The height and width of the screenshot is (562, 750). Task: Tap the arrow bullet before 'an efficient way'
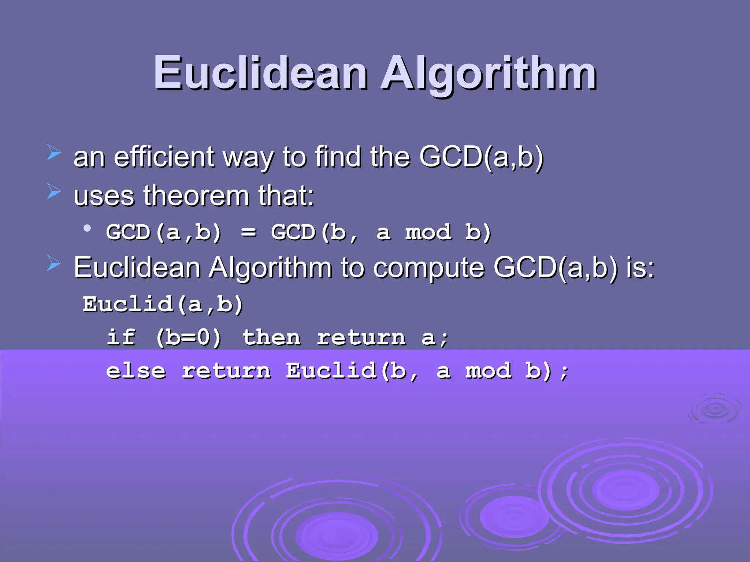[x=54, y=153]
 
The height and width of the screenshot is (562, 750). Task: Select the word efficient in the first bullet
[x=164, y=157]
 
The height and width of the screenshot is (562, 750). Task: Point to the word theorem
[x=197, y=196]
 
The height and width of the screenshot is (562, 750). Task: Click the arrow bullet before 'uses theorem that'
[x=54, y=191]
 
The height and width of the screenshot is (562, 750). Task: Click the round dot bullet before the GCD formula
[x=87, y=228]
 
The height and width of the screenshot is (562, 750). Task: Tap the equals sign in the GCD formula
[x=249, y=232]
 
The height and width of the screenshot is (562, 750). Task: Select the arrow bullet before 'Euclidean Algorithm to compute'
[x=54, y=263]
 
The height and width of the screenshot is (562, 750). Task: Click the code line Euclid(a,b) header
[x=163, y=304]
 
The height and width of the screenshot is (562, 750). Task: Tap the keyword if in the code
[x=121, y=337]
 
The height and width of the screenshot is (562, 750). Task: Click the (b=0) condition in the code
[x=189, y=337]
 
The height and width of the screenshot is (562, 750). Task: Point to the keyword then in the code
[x=271, y=337]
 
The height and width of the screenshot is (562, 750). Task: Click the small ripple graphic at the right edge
[x=714, y=410]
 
